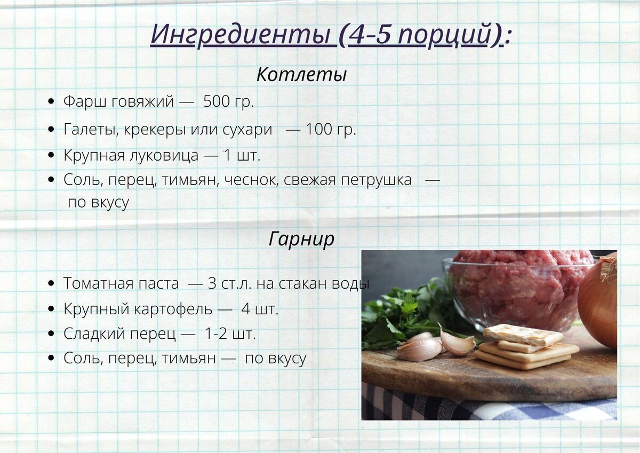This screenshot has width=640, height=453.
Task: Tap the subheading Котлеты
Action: coord(301,75)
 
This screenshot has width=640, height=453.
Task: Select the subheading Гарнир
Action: coord(301,239)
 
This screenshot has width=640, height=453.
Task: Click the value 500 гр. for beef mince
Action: coord(228,101)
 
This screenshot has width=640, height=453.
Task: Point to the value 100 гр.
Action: coord(331,129)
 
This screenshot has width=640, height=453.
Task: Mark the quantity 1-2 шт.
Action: coord(230,334)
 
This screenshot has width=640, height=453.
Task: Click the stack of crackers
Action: coord(525,347)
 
